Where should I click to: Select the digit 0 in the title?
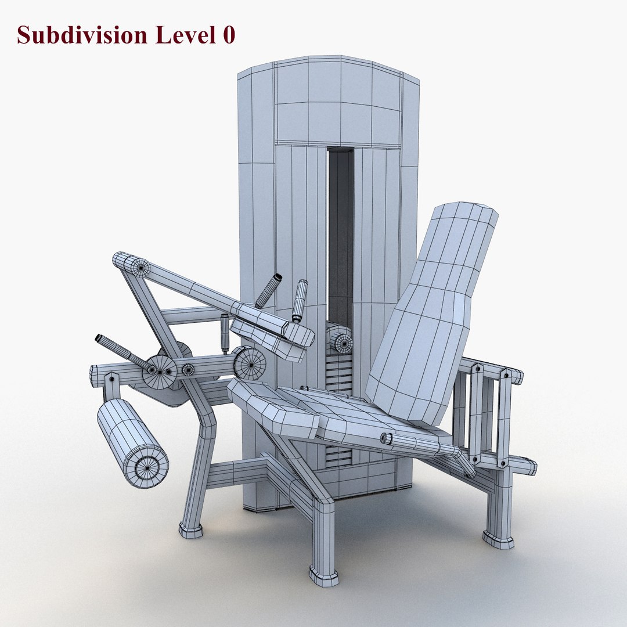[228, 35]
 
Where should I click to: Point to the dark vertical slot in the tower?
[340, 232]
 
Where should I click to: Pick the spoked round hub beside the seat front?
[250, 363]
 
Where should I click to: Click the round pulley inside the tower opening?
[341, 341]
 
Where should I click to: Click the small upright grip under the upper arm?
[225, 334]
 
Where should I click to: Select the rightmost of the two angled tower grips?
[300, 300]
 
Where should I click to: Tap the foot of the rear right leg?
[498, 539]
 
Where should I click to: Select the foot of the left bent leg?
[191, 529]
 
